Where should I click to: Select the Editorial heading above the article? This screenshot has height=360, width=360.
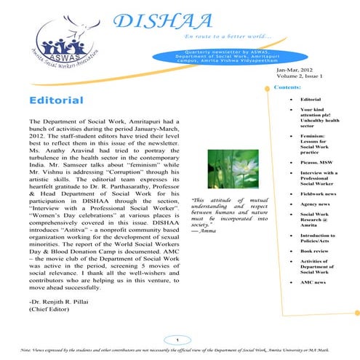55,100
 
